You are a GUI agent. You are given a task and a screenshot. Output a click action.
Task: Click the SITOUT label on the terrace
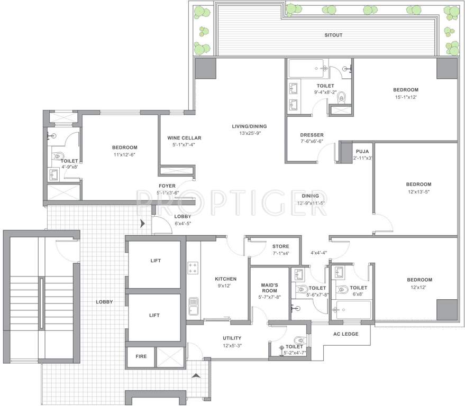click(334, 35)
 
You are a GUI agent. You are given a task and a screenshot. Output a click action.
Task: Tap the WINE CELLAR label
click(184, 138)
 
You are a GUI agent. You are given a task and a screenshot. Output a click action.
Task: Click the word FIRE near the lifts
click(141, 356)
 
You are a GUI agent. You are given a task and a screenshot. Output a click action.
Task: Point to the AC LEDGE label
click(346, 334)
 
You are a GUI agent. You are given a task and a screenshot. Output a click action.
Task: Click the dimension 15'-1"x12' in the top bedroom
click(405, 97)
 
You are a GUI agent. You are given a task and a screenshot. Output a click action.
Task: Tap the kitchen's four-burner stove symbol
click(193, 268)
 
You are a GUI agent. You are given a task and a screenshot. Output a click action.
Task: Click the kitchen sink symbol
click(193, 306)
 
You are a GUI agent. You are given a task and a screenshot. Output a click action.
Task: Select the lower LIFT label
click(154, 315)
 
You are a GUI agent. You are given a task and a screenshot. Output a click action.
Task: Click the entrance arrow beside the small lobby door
click(141, 224)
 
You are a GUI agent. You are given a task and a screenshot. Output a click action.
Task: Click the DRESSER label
click(312, 135)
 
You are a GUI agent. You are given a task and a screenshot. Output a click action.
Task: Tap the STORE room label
click(280, 246)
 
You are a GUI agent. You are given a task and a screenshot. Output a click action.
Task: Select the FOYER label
click(168, 186)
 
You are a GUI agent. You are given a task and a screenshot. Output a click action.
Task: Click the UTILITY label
click(232, 338)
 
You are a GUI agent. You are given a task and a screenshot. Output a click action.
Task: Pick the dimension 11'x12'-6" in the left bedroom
click(124, 154)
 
